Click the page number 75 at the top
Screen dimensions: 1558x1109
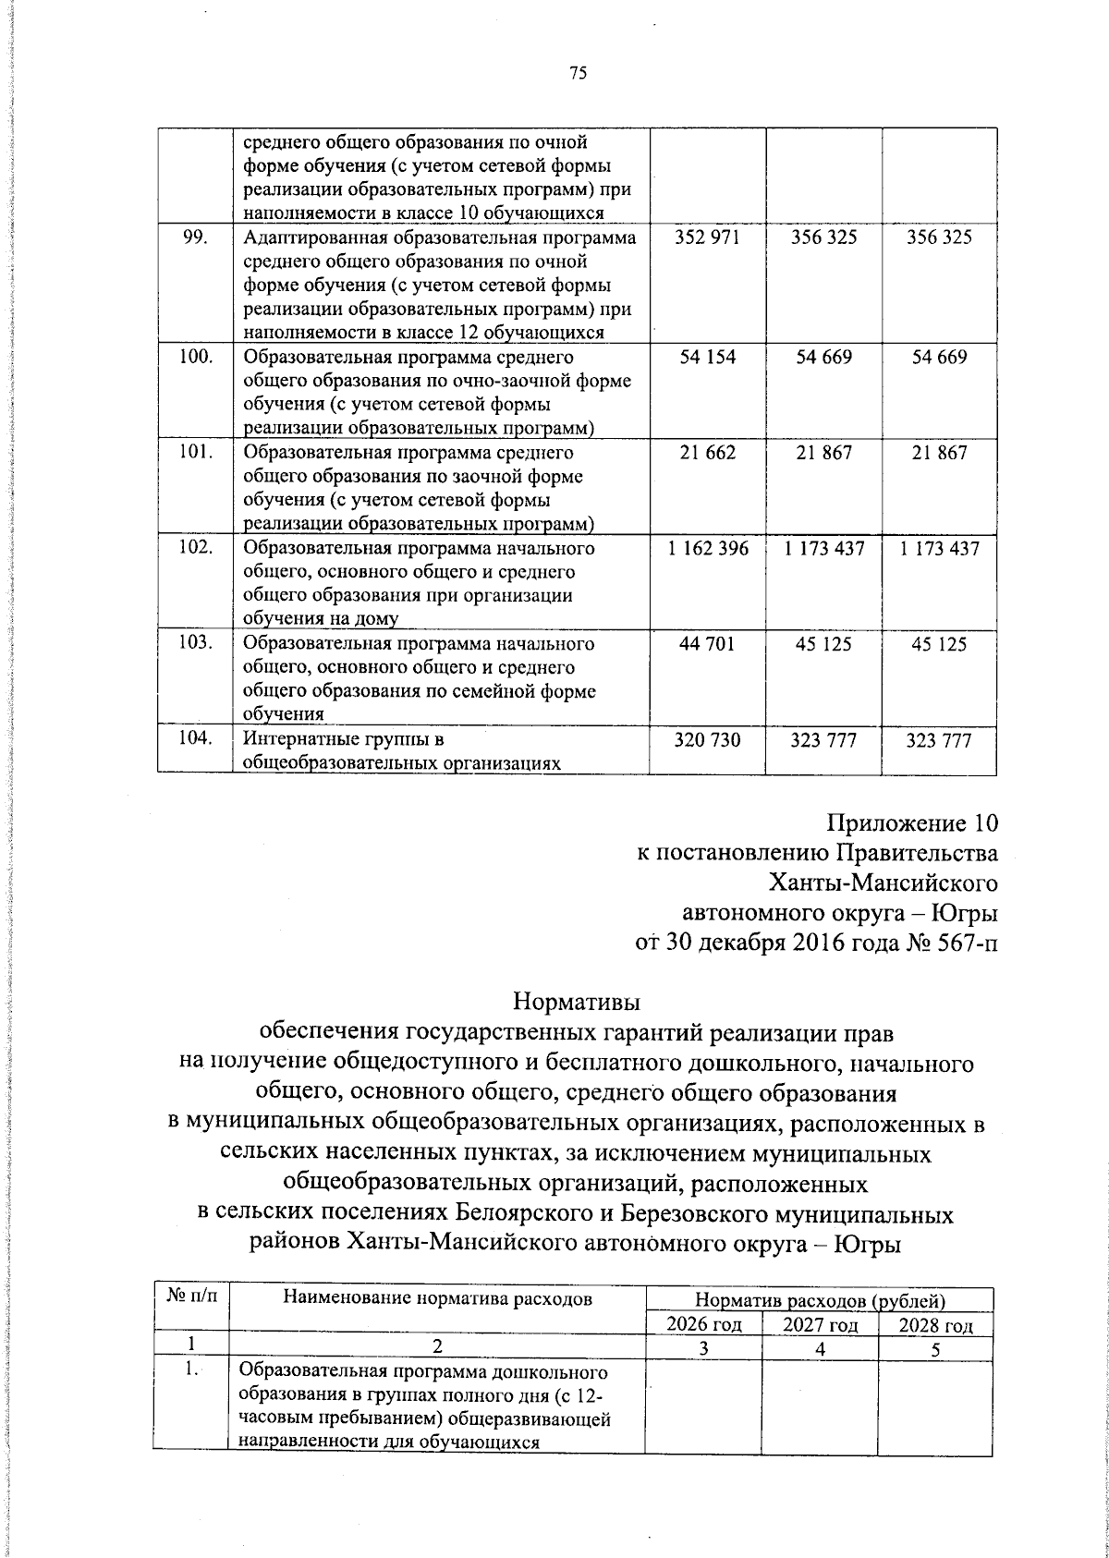pyautogui.click(x=579, y=75)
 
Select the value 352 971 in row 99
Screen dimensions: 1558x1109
pyautogui.click(x=708, y=237)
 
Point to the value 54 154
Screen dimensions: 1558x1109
pyautogui.click(x=708, y=357)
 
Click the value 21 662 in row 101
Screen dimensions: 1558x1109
pyautogui.click(x=708, y=453)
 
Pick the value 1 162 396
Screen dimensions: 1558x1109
pyautogui.click(x=708, y=549)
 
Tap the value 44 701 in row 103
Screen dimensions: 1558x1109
pyautogui.click(x=708, y=644)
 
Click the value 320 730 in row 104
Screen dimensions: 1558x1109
pyautogui.click(x=708, y=740)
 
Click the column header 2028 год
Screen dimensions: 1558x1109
pyautogui.click(x=936, y=1326)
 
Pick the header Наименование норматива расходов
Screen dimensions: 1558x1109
pyautogui.click(x=437, y=1299)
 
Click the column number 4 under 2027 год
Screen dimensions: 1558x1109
pyautogui.click(x=819, y=1349)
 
